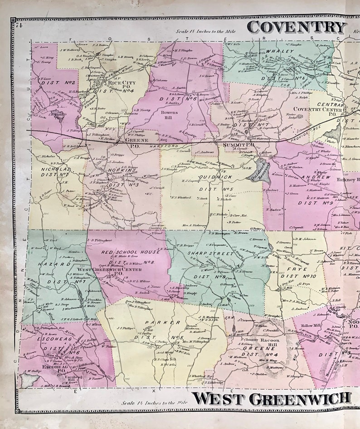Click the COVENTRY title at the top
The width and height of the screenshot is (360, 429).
point(297,27)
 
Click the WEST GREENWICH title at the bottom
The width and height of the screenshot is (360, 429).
point(272,399)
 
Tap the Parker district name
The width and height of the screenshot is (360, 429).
point(157,322)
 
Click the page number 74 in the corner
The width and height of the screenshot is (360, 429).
point(19,25)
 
